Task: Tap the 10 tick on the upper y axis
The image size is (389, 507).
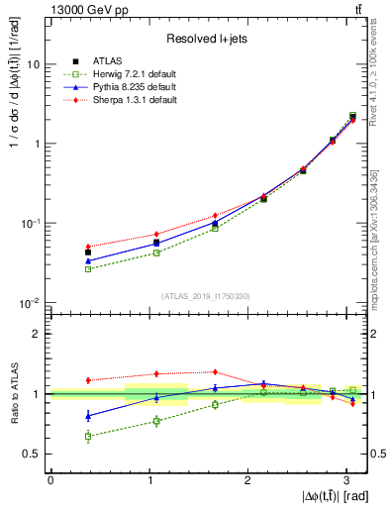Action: click(33, 63)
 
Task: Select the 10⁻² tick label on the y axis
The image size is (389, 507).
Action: click(30, 303)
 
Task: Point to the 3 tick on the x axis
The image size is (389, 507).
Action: click(346, 479)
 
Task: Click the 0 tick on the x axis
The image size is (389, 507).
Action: click(49, 479)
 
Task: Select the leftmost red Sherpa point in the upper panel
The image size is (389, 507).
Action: click(88, 247)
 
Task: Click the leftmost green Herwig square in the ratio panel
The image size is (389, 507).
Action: click(88, 436)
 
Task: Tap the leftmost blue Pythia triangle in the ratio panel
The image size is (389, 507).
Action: click(88, 415)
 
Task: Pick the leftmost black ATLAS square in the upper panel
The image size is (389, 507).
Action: click(88, 253)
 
